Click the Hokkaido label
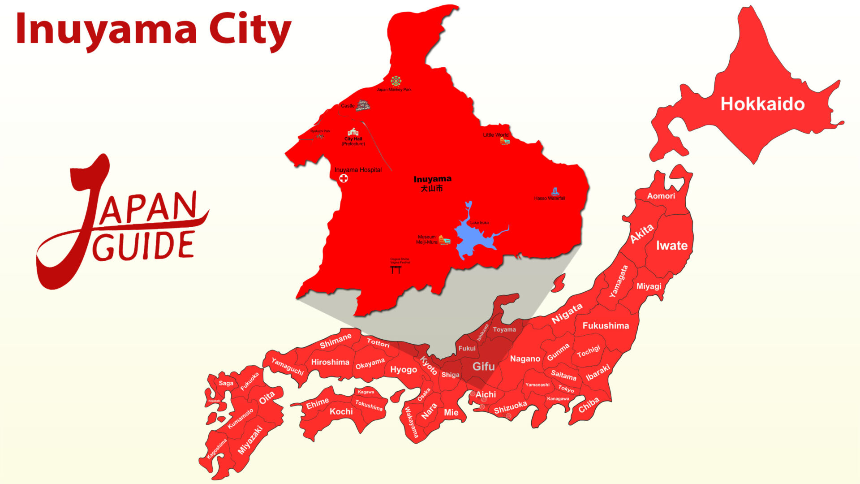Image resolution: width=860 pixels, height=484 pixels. coord(762,104)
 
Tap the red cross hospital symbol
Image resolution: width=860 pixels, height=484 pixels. coord(344,178)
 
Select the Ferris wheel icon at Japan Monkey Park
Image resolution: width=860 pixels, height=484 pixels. coord(396,81)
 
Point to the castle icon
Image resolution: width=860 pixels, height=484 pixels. coord(363,105)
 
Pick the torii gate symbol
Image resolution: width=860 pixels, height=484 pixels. coord(396,269)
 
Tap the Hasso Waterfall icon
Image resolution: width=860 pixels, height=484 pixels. coord(555,191)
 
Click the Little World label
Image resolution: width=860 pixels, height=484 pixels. coord(495,135)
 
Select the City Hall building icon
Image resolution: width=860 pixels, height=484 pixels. coord(353,132)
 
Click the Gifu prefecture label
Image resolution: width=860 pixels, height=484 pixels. coord(483,367)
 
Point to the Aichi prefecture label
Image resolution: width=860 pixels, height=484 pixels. coord(486,394)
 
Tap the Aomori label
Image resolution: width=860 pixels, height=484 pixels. coord(661,196)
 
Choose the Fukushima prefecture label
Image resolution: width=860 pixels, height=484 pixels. coord(606,326)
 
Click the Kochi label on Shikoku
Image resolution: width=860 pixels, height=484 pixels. coord(341,411)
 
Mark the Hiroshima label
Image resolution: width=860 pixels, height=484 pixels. coord(330,362)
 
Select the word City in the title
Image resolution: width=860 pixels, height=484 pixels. coord(250,30)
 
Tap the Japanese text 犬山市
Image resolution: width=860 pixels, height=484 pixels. coord(432,189)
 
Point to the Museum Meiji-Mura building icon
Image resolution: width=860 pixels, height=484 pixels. coord(444,241)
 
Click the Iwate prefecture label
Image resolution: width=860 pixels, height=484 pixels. coord(671,246)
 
